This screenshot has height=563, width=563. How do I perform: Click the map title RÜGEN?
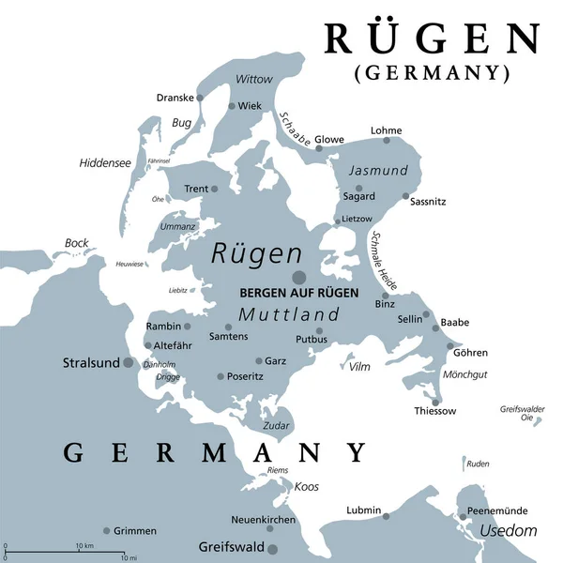[x=433, y=39]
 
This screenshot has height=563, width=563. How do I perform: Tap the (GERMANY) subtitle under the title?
[x=433, y=73]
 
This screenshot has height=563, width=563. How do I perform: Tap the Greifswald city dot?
[x=272, y=549]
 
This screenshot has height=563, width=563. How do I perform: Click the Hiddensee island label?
[x=104, y=162]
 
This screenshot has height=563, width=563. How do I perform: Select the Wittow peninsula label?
[x=254, y=79]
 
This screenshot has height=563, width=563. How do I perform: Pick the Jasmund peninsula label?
[x=378, y=171]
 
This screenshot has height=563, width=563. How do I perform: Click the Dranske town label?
[x=175, y=97]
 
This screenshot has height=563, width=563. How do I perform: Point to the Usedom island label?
[x=508, y=531]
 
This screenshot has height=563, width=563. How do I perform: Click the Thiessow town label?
[x=435, y=411]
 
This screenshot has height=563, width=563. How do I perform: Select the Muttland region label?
[x=288, y=315]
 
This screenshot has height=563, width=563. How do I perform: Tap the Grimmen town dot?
[x=106, y=530]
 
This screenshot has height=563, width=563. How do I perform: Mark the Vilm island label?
[x=359, y=367]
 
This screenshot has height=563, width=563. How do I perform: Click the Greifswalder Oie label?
[x=523, y=413]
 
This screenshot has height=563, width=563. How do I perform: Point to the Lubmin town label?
[x=363, y=510]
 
